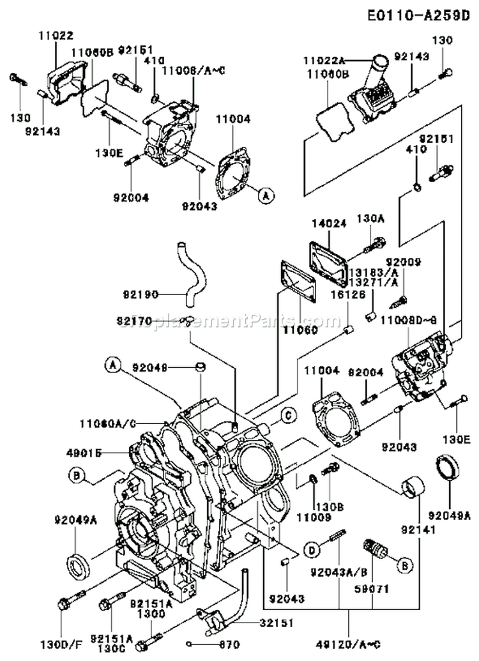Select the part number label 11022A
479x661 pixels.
(x=323, y=61)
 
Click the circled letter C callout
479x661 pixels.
(x=288, y=416)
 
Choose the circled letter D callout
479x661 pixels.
(x=310, y=550)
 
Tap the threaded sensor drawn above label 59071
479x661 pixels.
(x=372, y=550)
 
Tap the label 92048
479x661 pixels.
(x=150, y=367)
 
